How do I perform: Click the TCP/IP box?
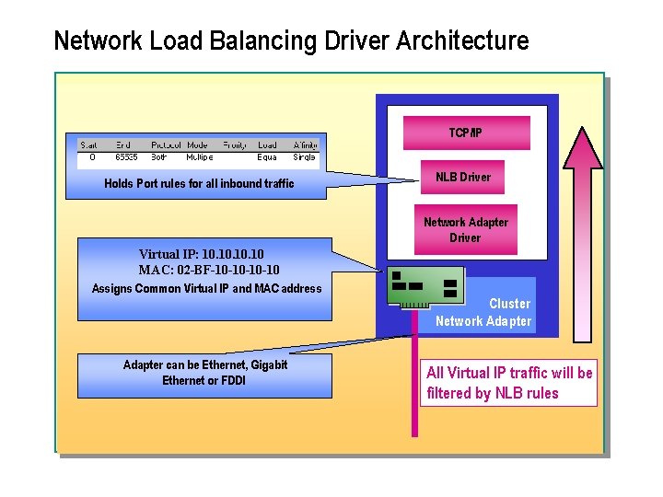(x=465, y=133)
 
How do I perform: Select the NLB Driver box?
(x=463, y=177)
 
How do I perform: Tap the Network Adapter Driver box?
(x=465, y=230)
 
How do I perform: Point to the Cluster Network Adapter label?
(x=484, y=312)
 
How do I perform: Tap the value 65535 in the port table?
(x=125, y=157)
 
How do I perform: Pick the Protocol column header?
(x=166, y=145)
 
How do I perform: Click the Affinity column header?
(x=305, y=145)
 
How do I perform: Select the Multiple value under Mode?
(x=200, y=157)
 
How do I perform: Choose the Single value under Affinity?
(x=304, y=157)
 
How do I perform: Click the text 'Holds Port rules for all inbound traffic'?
(x=199, y=183)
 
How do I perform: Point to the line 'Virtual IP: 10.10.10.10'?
(x=201, y=253)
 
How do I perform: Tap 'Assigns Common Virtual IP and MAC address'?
(x=206, y=289)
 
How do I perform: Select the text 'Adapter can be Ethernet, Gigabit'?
(x=205, y=365)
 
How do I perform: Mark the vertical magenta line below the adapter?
(x=414, y=387)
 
